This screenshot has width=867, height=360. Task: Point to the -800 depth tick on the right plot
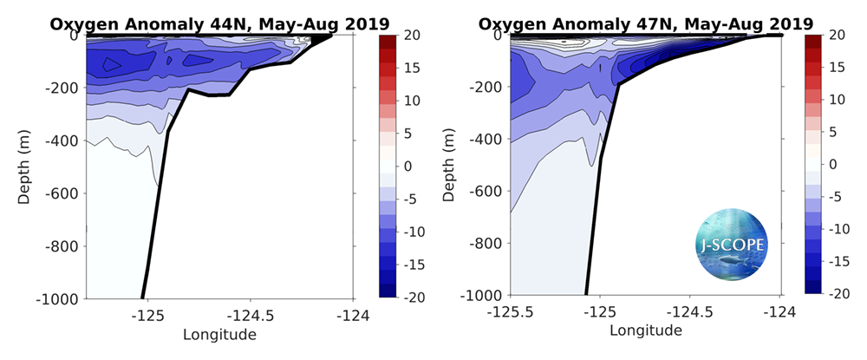tap(486, 243)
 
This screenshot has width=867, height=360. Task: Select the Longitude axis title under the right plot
tap(646, 331)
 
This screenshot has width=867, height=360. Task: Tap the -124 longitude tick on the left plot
tap(354, 315)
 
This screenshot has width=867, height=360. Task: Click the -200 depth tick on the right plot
tap(486, 87)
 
